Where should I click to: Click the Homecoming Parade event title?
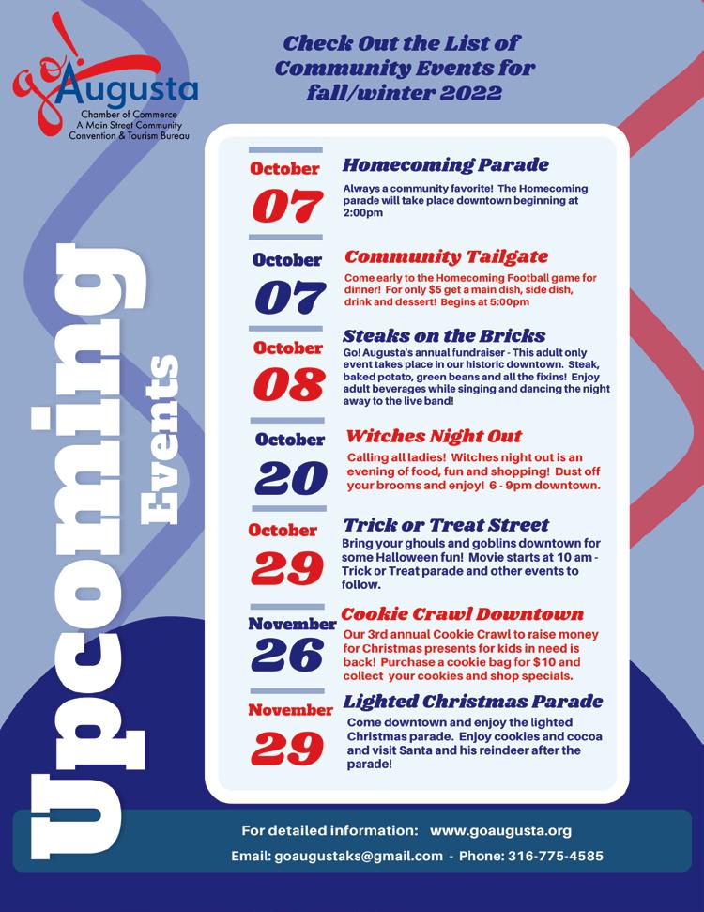coord(445,165)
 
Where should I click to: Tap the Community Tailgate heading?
coord(446,256)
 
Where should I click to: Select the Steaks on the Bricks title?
coord(444,335)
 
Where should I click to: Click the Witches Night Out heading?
coord(434,437)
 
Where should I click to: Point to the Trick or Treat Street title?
coord(446,525)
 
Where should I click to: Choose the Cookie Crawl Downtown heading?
coord(462,614)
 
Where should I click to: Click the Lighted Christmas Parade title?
coord(473,702)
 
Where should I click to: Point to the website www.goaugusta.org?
coord(500,830)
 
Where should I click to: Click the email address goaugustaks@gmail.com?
coord(358,857)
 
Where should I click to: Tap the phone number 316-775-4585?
coord(556,857)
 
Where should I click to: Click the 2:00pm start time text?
coord(363,213)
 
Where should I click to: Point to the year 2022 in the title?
coord(461,93)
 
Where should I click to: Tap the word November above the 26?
coord(292,624)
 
